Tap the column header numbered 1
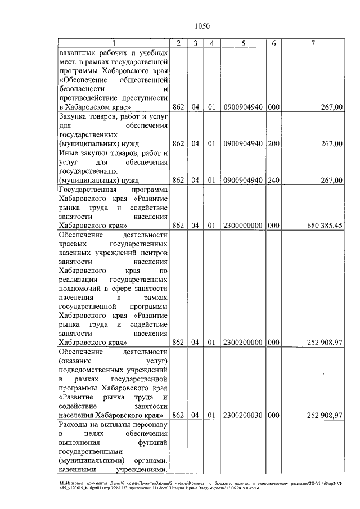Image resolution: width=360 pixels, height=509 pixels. (x=114, y=43)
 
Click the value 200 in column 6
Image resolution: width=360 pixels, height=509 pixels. (x=273, y=144)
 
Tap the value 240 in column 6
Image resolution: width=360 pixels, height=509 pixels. (x=273, y=181)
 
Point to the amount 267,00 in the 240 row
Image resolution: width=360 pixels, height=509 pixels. (x=331, y=181)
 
